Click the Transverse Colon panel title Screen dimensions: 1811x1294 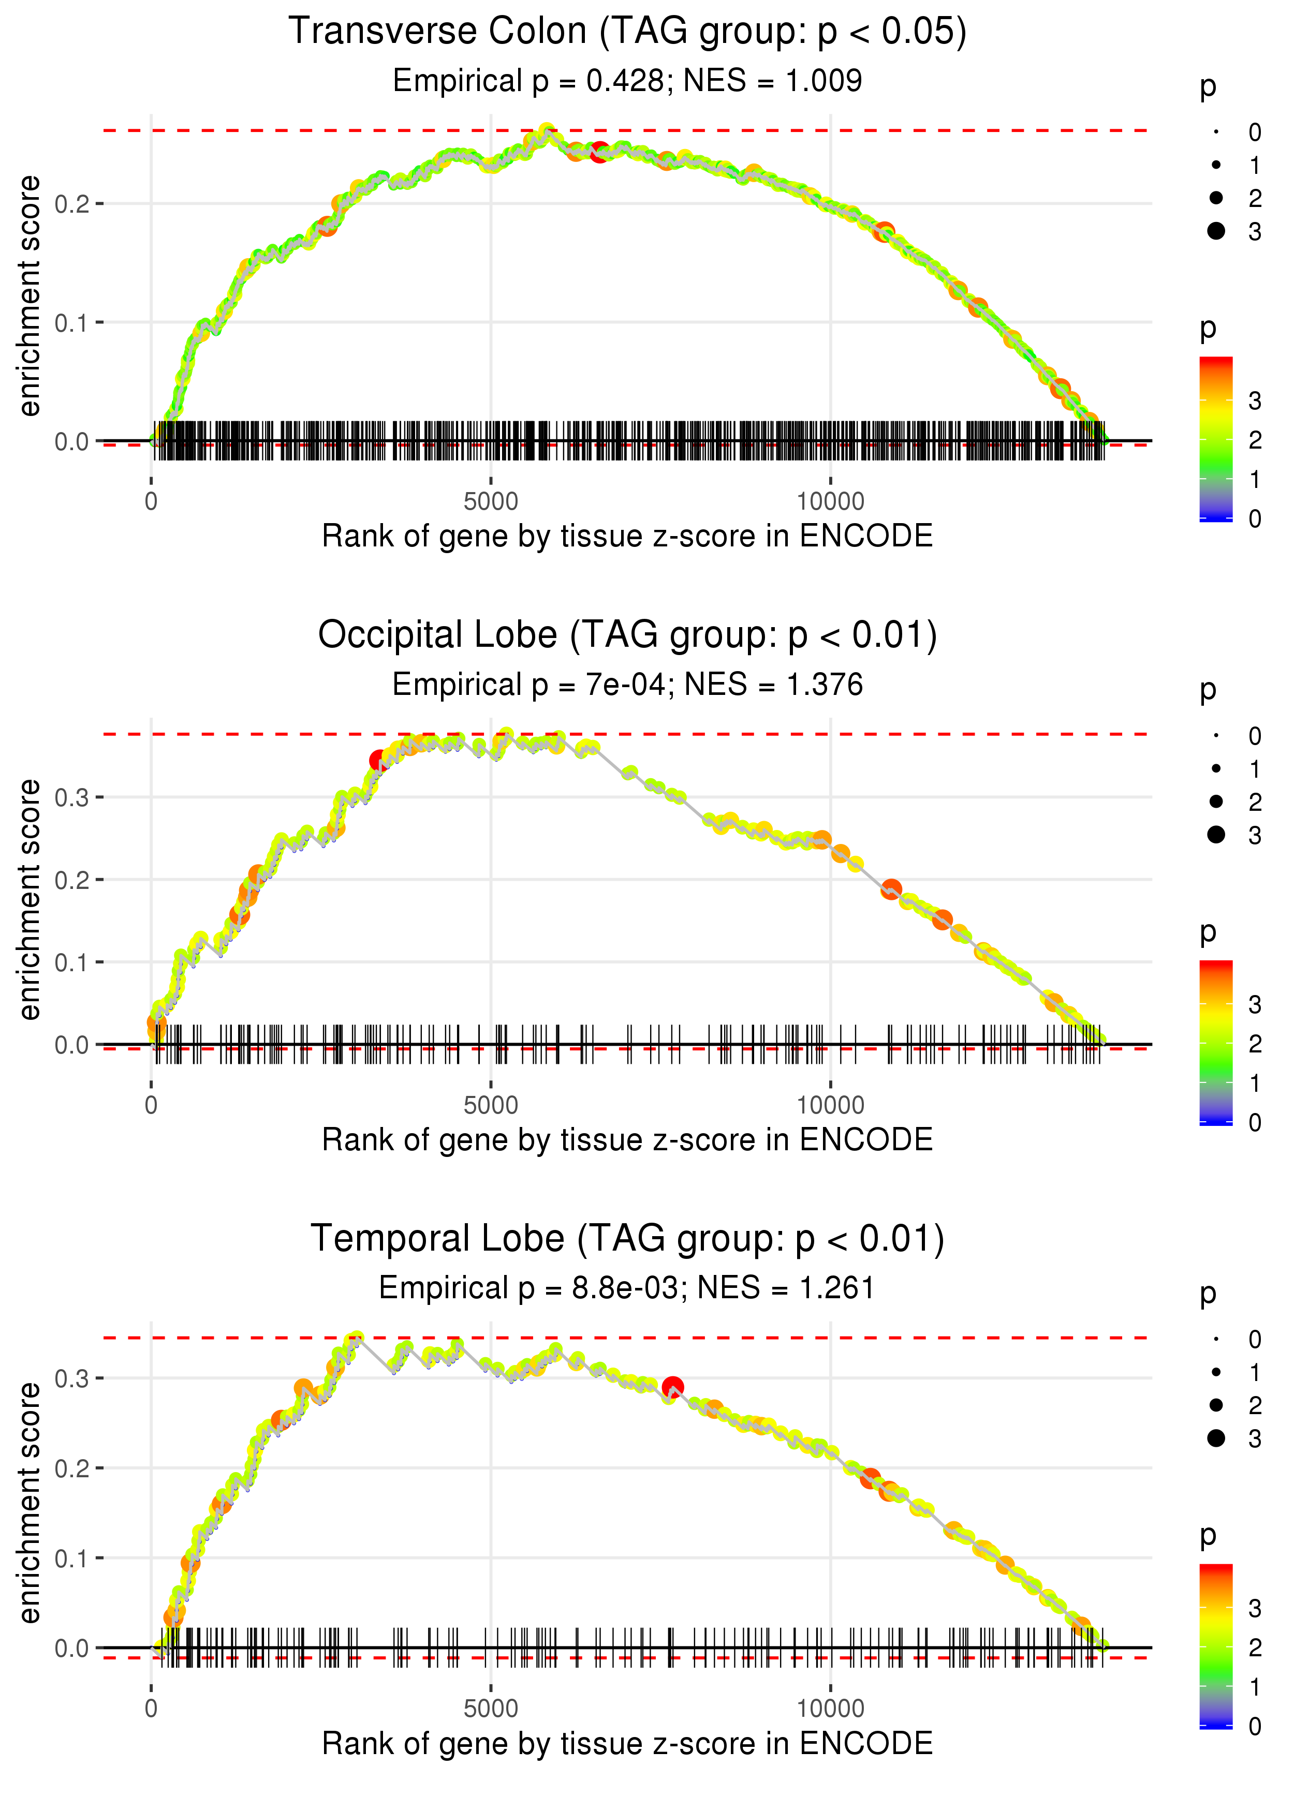627,32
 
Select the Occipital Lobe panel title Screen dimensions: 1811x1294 627,635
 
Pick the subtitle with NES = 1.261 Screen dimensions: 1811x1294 627,1288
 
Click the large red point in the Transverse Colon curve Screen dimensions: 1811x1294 600,151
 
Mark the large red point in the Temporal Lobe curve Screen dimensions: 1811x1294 673,1387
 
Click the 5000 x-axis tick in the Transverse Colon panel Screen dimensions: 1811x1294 490,502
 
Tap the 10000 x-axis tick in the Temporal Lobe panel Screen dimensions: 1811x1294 830,1709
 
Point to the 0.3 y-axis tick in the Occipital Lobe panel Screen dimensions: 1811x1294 72,797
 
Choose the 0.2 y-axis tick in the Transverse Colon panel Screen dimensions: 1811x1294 72,204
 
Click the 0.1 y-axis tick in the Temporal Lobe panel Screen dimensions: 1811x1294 72,1558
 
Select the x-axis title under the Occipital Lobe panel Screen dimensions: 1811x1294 627,1140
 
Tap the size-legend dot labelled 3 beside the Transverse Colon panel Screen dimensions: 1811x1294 1216,231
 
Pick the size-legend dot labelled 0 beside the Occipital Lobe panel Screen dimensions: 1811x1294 1216,736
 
